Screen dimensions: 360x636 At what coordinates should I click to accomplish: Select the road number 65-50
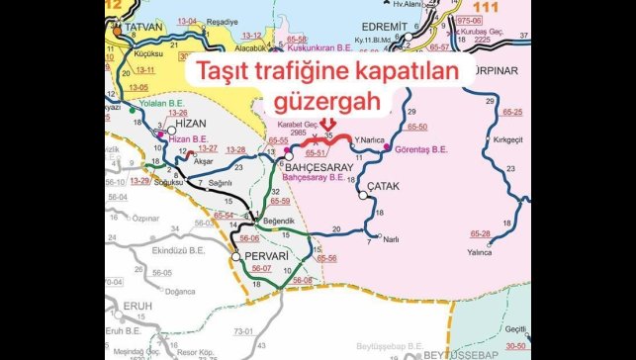click(x=417, y=129)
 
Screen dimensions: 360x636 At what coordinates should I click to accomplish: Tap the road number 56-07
click(x=261, y=269)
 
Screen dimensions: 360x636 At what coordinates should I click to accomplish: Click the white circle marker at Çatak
click(x=364, y=195)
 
